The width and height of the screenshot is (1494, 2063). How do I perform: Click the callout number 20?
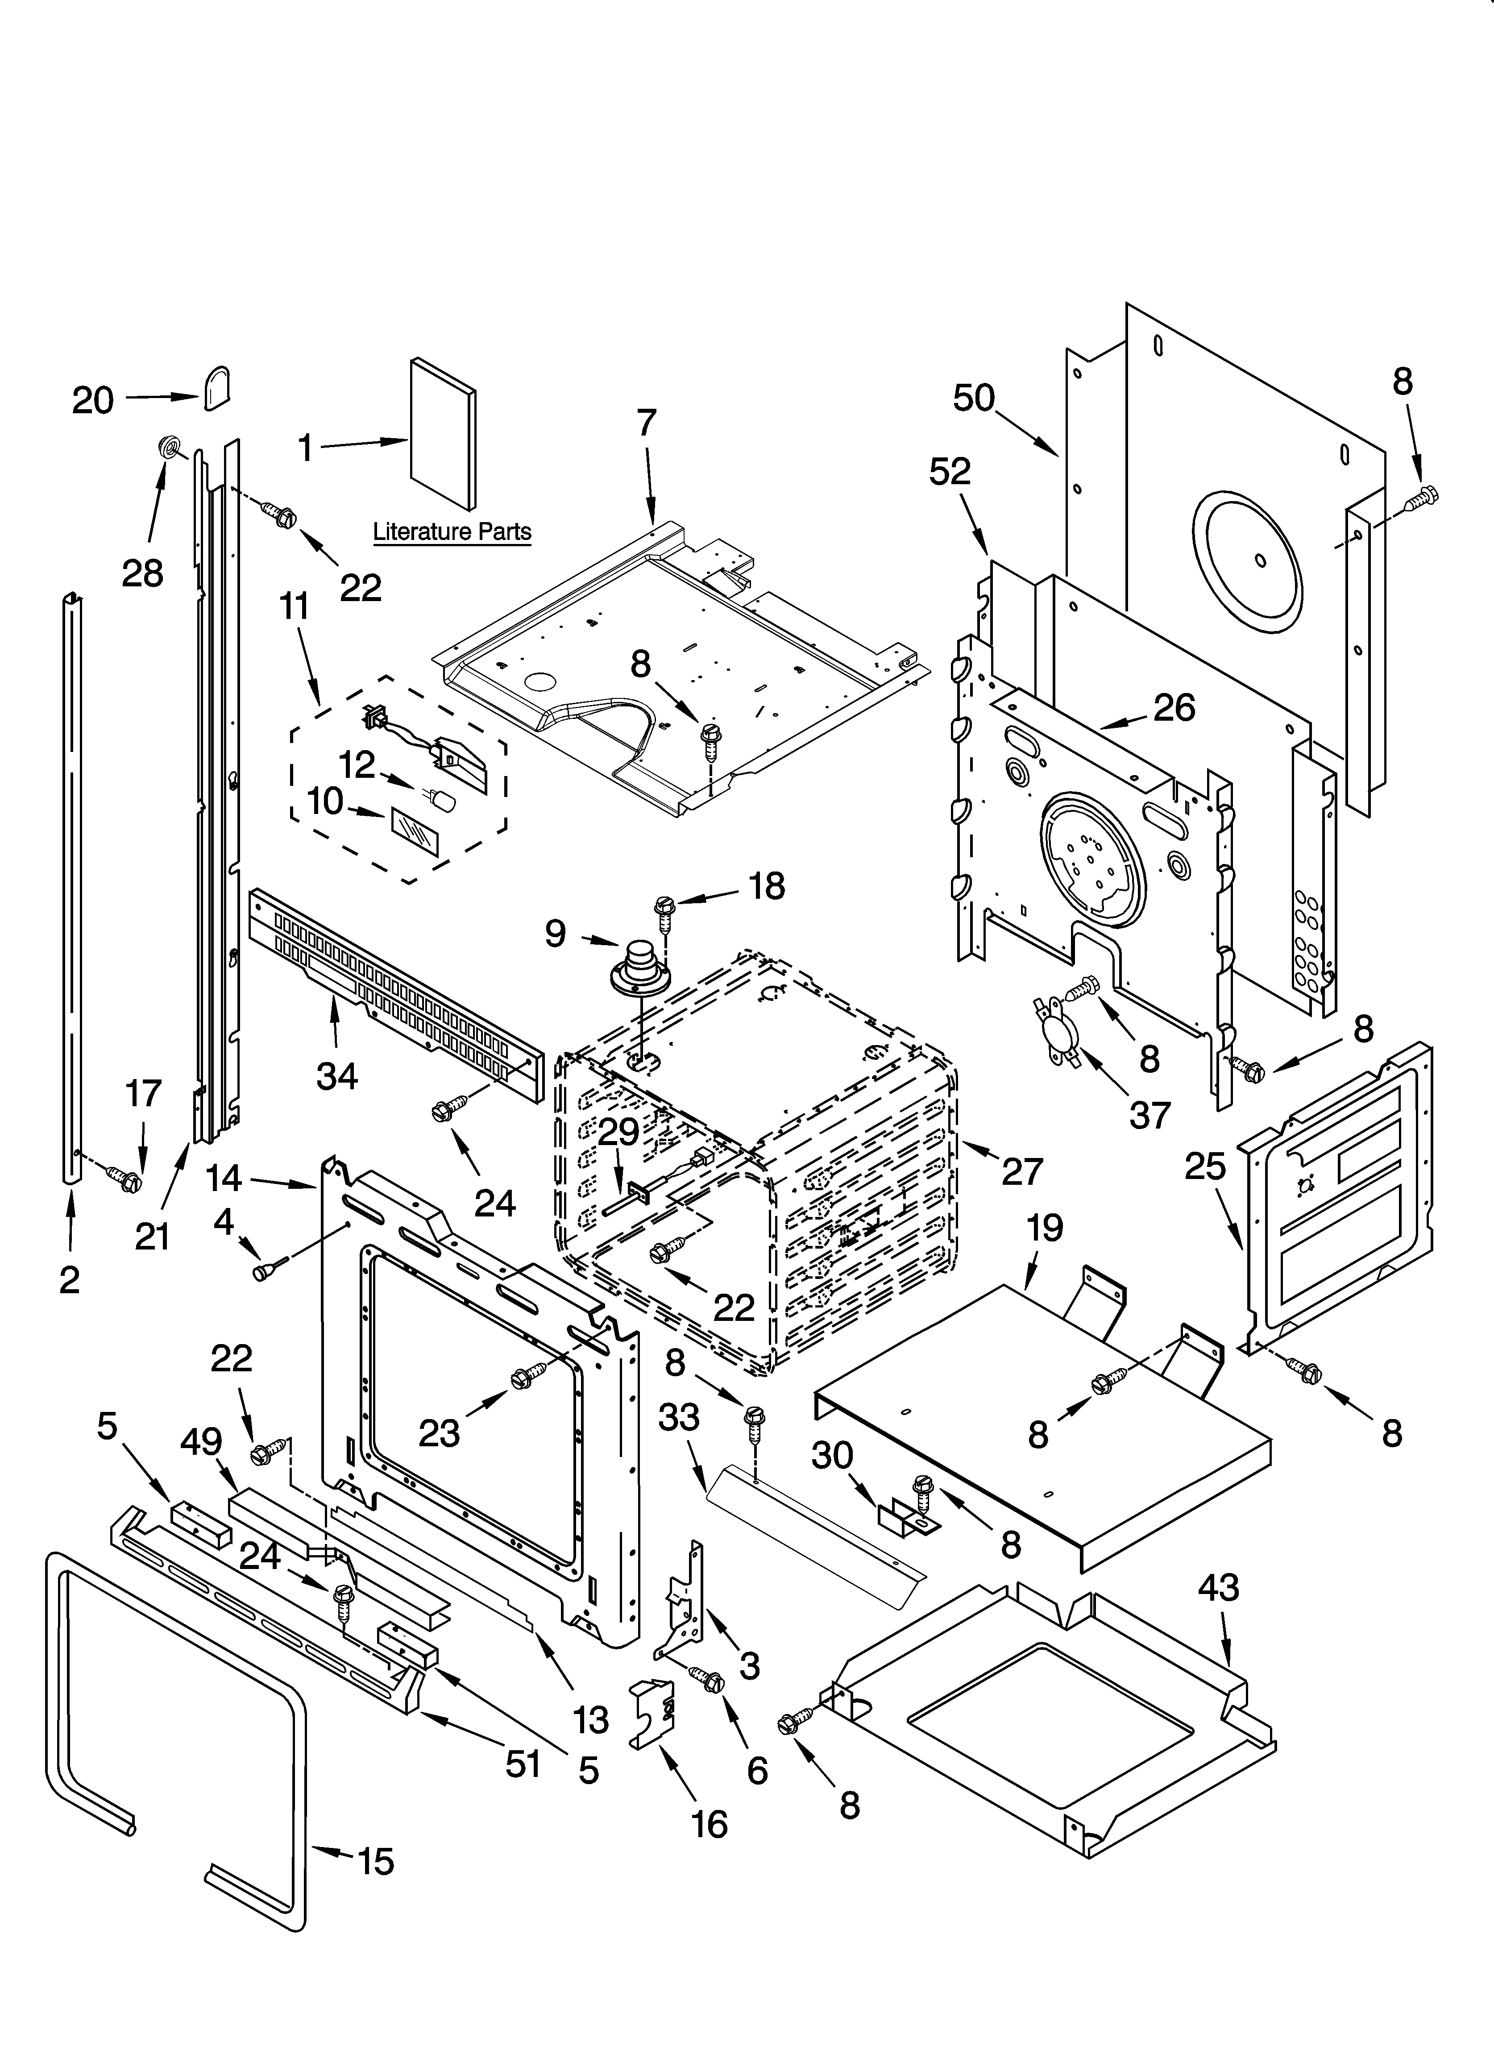coord(93,400)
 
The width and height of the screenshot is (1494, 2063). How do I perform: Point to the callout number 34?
coord(336,1076)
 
